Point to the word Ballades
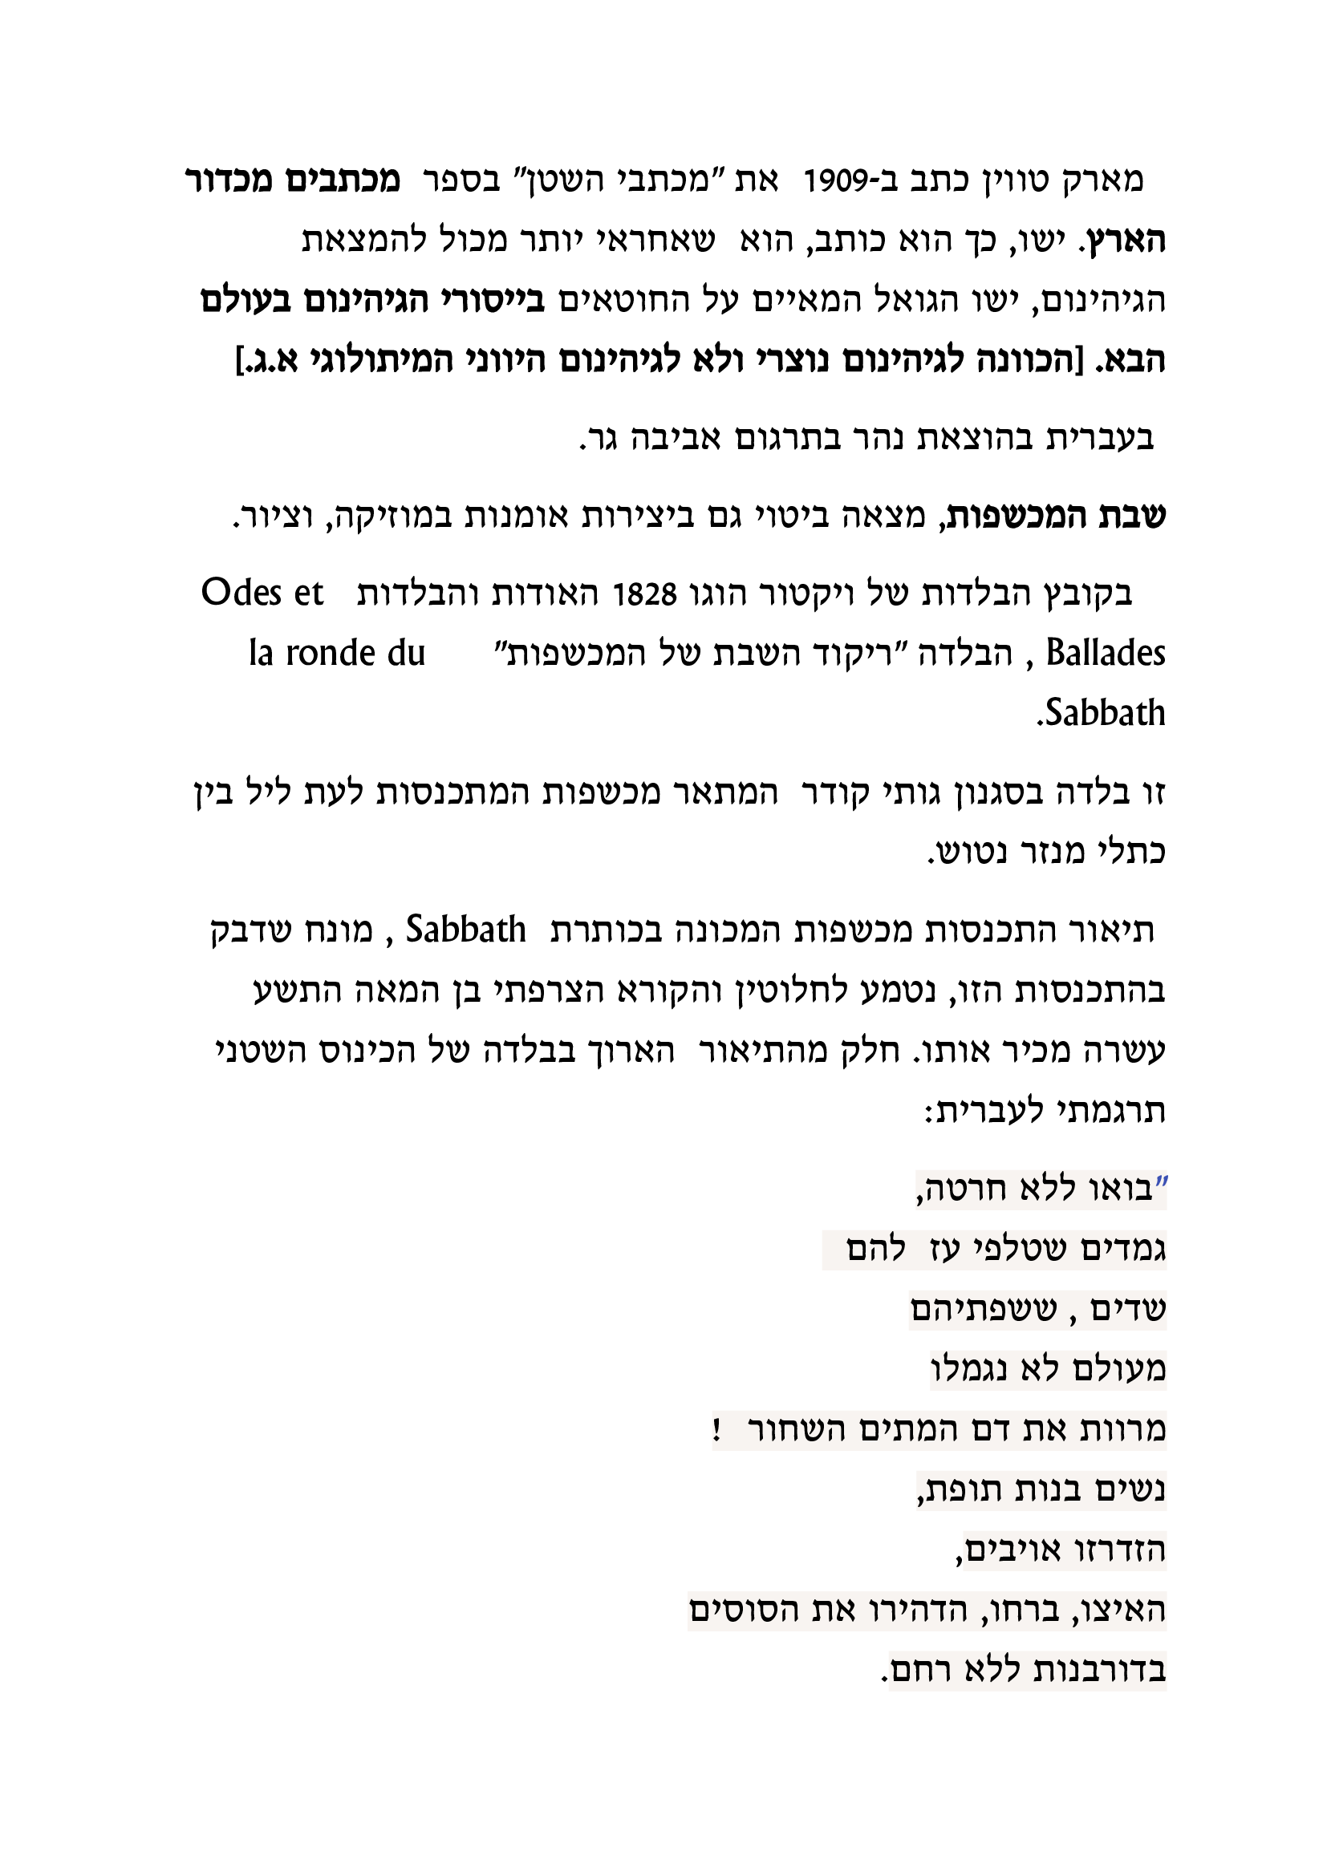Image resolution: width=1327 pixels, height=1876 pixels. point(1106,654)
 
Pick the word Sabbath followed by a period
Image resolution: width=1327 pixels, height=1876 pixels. point(1101,713)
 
